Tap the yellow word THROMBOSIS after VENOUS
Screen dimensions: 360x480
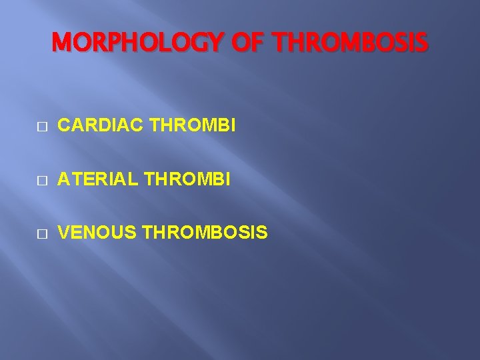pos(205,233)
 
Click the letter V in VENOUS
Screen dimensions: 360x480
pos(64,233)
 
